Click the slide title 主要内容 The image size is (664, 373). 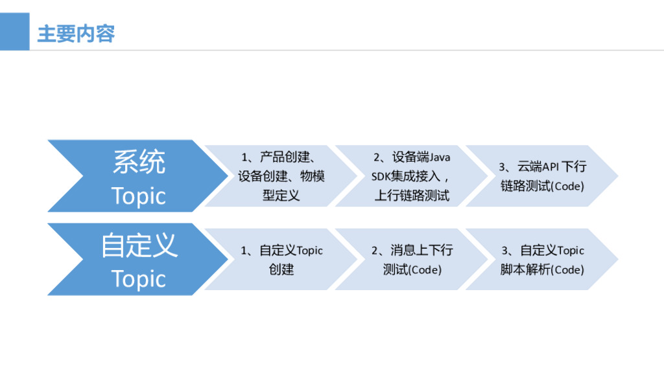coord(76,34)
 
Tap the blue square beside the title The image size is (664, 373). coord(14,32)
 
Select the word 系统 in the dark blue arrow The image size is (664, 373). coord(139,162)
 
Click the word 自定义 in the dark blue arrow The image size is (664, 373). coord(139,246)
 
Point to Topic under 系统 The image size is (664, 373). coord(139,196)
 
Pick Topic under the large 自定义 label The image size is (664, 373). coord(139,279)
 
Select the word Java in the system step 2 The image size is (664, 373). coord(440,157)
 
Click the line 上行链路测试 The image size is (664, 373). coord(412,195)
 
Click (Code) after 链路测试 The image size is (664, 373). coord(567,186)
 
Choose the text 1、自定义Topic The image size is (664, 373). coord(281,251)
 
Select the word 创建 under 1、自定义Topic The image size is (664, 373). coord(281,269)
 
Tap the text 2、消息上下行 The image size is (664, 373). coord(412,251)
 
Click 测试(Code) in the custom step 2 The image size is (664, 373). coord(412,269)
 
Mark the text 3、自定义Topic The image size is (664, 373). coord(543,251)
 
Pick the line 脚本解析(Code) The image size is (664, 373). coord(542,269)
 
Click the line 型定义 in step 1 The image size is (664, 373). coord(281,195)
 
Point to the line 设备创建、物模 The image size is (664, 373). coord(281,176)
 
